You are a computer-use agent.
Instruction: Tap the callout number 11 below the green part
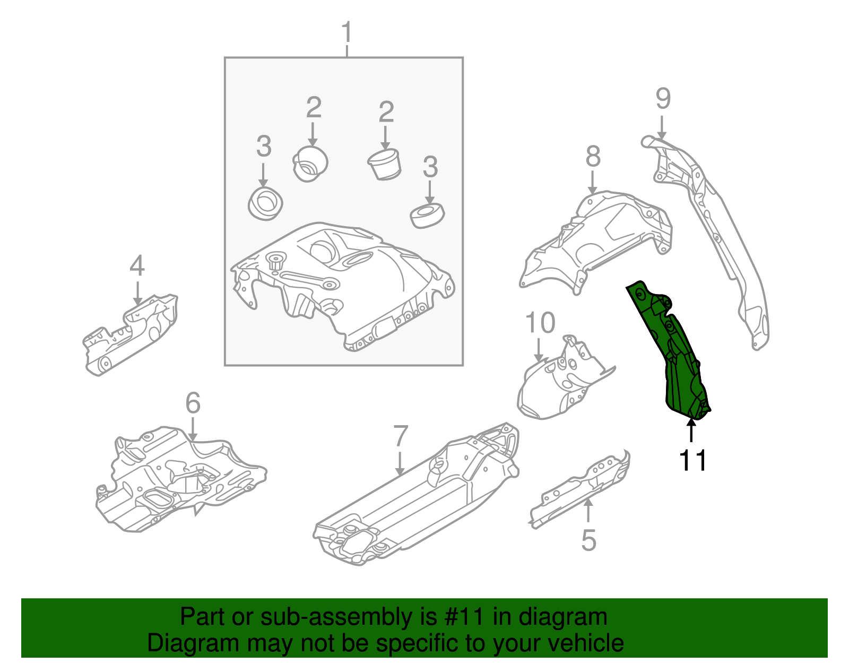[x=694, y=460]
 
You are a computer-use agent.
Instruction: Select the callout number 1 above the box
[x=346, y=32]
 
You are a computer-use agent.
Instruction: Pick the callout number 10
[x=540, y=323]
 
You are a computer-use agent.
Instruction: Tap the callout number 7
[x=401, y=436]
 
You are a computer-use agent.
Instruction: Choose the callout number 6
[x=193, y=403]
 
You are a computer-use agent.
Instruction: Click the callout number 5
[x=588, y=540]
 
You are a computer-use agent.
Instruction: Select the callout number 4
[x=137, y=265]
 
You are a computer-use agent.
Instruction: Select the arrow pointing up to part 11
[x=691, y=430]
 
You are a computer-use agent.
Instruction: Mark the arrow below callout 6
[x=193, y=429]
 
